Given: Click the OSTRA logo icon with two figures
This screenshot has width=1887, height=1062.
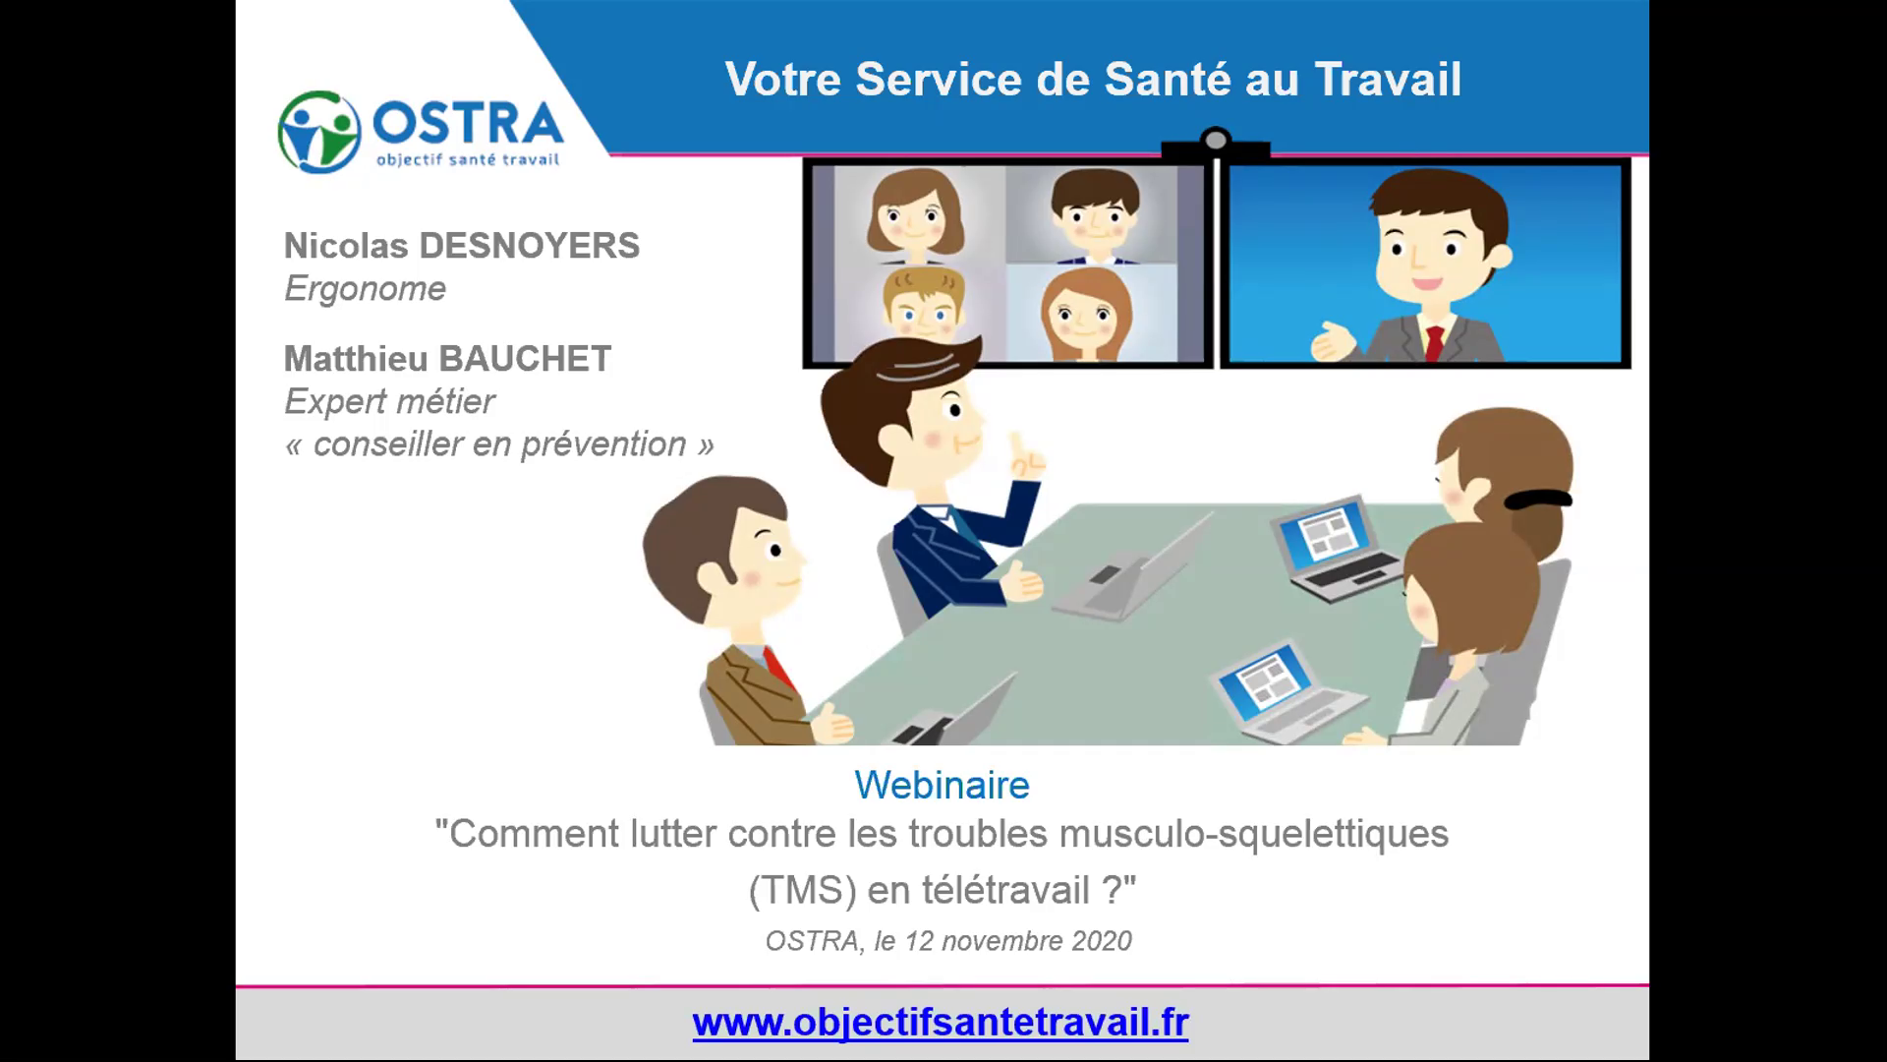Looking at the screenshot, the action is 319,131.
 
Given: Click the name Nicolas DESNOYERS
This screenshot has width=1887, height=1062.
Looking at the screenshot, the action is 462,246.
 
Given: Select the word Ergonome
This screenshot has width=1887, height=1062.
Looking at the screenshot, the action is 365,289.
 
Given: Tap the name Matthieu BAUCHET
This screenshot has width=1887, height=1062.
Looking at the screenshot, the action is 448,359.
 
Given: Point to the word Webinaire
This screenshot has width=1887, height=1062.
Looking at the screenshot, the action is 942,785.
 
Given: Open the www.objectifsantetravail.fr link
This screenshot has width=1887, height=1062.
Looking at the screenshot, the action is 941,1023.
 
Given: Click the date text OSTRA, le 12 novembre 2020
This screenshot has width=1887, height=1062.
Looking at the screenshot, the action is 948,941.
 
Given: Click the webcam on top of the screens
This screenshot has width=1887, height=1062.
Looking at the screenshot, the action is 1216,144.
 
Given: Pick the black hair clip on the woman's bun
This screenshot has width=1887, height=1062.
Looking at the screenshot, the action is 1538,499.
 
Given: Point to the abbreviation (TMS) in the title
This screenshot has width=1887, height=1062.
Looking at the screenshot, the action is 803,891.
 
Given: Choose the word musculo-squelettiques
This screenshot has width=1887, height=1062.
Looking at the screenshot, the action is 1254,834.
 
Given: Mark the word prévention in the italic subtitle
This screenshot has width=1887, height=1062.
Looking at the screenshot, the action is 603,444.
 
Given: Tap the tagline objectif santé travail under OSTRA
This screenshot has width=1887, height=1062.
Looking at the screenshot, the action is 468,158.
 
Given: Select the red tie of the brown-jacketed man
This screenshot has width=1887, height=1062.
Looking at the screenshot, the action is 778,668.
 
